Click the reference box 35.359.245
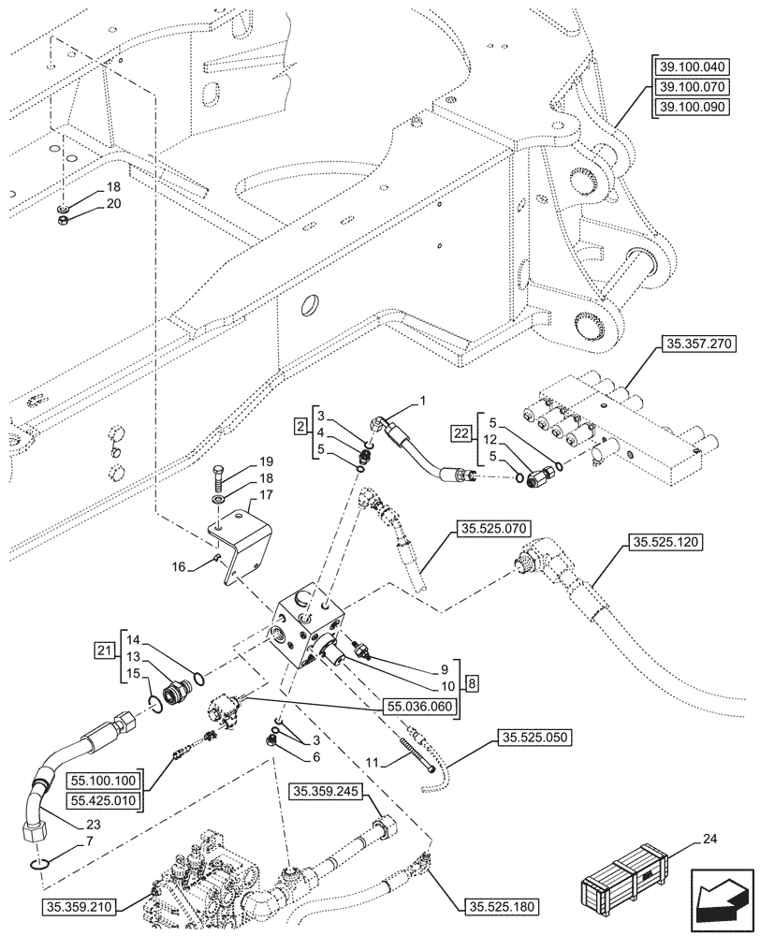pyautogui.click(x=325, y=792)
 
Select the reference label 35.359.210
pyautogui.click(x=81, y=906)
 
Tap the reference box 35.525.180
pyautogui.click(x=501, y=906)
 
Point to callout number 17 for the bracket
pyautogui.click(x=266, y=495)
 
